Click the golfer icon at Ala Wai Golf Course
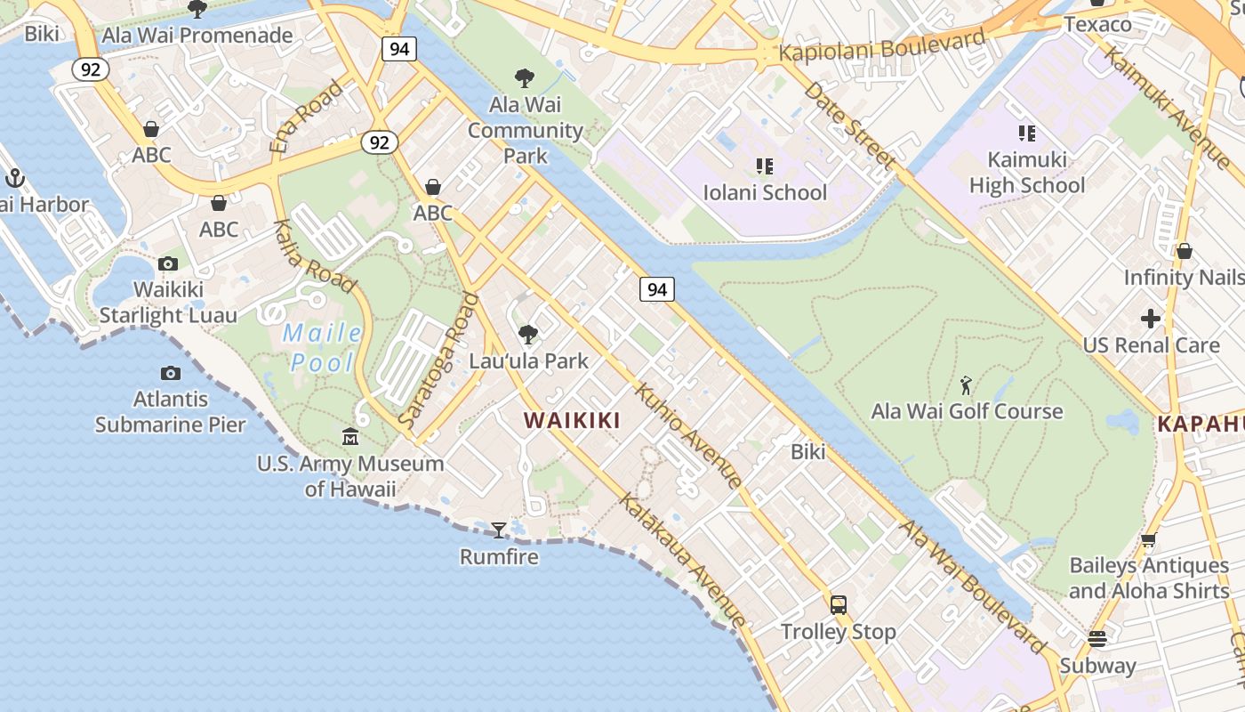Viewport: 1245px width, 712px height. coord(967,385)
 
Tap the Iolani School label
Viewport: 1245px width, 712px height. coord(765,192)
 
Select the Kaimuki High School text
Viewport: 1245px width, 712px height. coord(1027,173)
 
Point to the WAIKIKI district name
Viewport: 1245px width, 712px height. coord(572,420)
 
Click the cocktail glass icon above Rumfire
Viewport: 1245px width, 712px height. coord(499,530)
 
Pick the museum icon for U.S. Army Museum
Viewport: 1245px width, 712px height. coord(350,437)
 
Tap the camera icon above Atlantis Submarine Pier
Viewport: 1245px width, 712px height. coord(171,374)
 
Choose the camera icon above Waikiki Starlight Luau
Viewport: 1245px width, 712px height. coord(168,263)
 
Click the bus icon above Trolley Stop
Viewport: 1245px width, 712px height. coord(838,605)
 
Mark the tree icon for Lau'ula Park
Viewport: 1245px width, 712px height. coord(528,335)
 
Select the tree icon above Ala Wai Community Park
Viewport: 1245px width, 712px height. coord(525,78)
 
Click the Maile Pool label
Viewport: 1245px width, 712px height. coord(322,348)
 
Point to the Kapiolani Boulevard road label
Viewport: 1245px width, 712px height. coord(881,45)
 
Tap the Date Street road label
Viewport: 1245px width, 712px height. coord(848,125)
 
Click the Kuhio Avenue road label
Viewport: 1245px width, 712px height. coord(688,436)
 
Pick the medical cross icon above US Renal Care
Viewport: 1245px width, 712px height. coord(1151,319)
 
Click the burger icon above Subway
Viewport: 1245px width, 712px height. coord(1097,638)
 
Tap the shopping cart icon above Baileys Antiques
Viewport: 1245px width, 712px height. coord(1148,539)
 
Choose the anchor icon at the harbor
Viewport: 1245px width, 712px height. coord(14,178)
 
